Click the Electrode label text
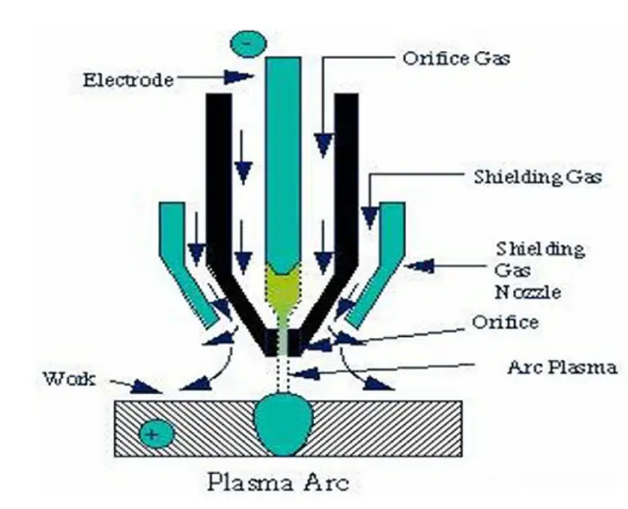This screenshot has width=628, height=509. coord(127,80)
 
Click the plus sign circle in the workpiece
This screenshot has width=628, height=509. coord(156,435)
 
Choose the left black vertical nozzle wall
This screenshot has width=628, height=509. coord(217,179)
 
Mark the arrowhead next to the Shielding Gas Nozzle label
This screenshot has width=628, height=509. coord(416,265)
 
